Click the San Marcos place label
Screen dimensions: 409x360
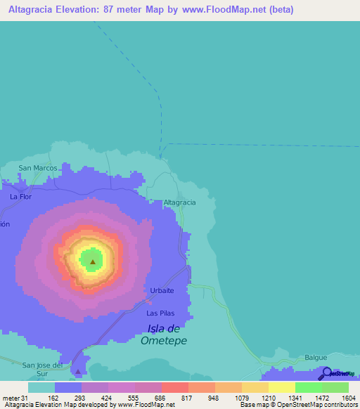(38, 168)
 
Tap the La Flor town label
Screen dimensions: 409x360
(21, 197)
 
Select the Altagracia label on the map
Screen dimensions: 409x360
(179, 202)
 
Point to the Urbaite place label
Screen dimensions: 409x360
(162, 290)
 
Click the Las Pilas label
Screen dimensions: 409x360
(160, 313)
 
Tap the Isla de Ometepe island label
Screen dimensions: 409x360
(165, 335)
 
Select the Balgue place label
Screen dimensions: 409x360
(316, 358)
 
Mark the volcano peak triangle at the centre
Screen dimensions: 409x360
(92, 262)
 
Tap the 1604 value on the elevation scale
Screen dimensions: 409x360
(340, 398)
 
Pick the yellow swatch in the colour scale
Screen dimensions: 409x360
(281, 387)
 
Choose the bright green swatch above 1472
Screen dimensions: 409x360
(308, 387)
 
